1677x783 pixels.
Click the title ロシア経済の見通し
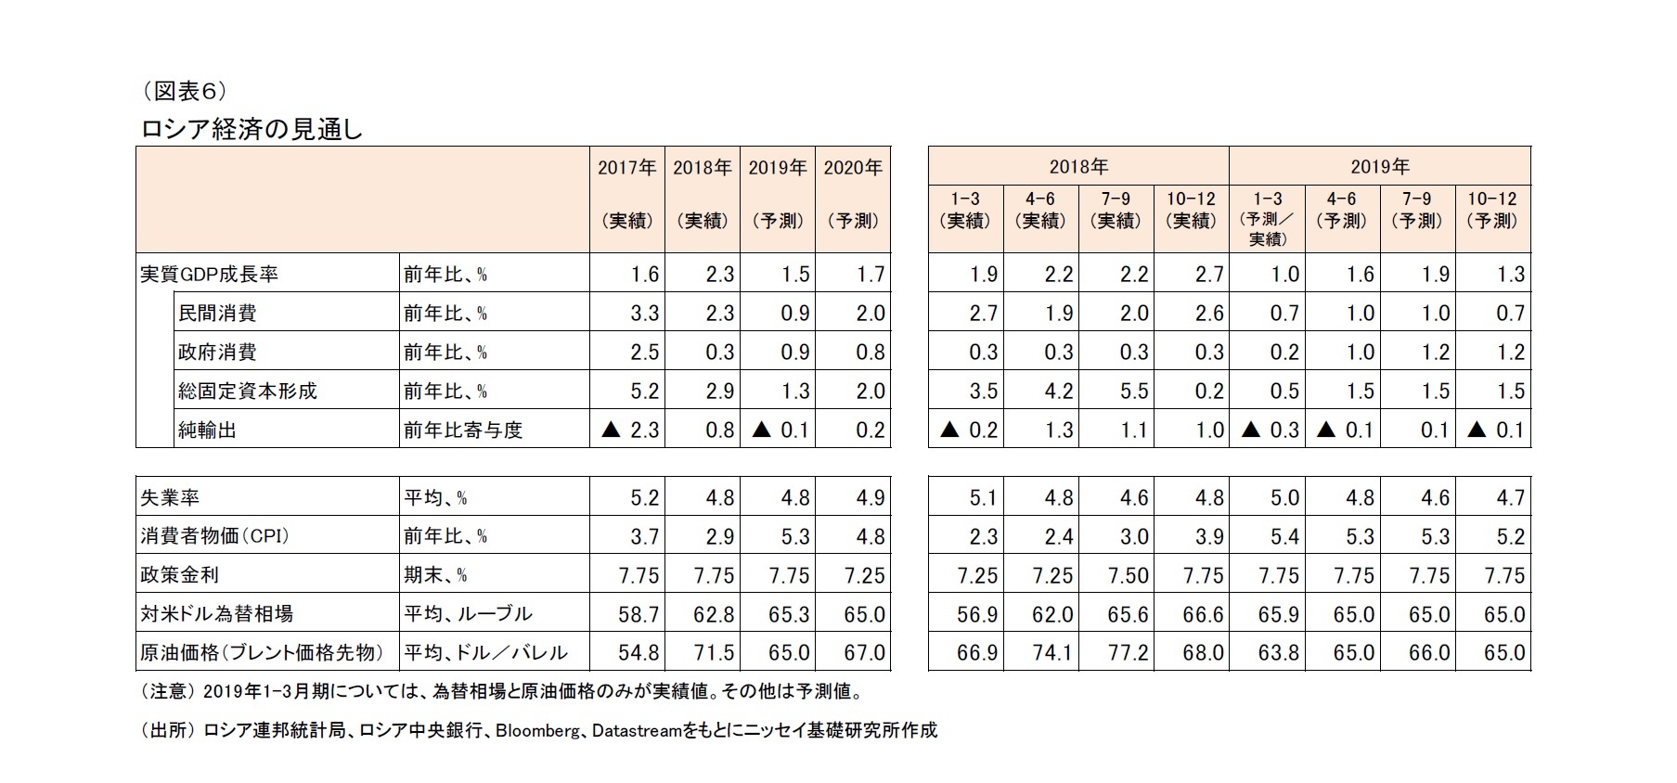[251, 130]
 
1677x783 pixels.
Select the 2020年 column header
[853, 168]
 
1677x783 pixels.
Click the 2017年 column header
[626, 168]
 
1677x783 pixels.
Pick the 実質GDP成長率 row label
[209, 275]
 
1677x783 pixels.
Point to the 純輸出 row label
[208, 430]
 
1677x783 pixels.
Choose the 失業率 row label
[169, 498]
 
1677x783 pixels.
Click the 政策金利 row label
[179, 575]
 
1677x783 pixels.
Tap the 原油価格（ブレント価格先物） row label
[261, 653]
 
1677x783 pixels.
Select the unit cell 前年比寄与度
[463, 430]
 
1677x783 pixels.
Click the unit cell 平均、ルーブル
[468, 614]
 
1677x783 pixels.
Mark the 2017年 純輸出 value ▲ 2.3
[631, 430]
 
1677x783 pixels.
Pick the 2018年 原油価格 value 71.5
[714, 653]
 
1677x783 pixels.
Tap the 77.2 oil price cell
[1128, 653]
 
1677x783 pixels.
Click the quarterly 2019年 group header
[1379, 167]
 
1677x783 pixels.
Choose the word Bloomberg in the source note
[537, 731]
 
